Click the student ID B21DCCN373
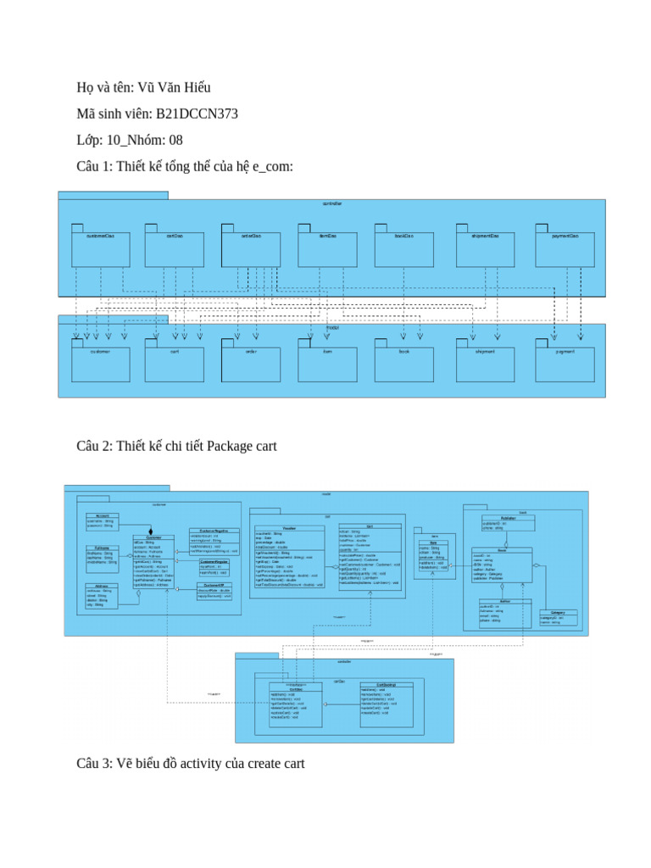(203, 114)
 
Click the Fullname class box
(101, 554)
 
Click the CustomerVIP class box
(214, 591)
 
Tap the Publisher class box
(508, 523)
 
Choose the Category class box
(558, 618)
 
